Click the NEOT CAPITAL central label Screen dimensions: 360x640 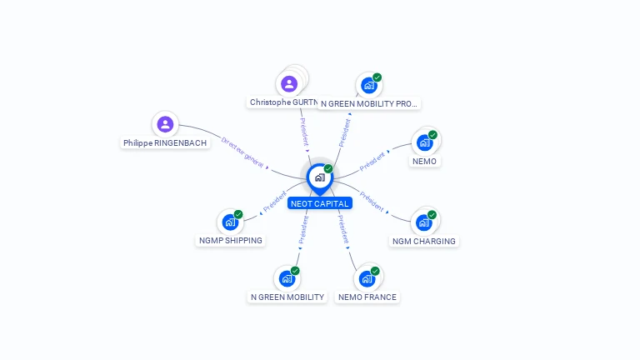coord(320,203)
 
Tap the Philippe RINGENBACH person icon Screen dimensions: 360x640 coord(165,124)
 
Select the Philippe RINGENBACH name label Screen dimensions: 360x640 coord(165,143)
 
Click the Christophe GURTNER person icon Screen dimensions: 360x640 coord(288,83)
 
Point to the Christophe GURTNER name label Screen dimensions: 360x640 coord(283,102)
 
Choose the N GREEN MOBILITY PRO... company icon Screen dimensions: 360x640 coord(368,86)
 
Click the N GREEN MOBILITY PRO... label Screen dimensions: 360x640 coord(369,104)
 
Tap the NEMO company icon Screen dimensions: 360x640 coord(425,142)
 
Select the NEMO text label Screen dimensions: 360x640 coord(424,162)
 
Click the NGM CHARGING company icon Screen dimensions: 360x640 coord(424,222)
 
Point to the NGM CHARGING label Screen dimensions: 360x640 coord(424,242)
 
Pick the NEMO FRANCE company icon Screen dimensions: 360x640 coord(367,278)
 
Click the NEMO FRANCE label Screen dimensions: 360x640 coord(367,297)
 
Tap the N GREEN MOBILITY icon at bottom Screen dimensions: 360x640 coord(287,278)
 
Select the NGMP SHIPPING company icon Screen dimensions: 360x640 coord(230,222)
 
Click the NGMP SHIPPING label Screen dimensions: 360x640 coord(230,241)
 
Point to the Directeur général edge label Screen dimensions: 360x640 coord(242,152)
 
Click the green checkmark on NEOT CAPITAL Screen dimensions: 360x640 coord(328,169)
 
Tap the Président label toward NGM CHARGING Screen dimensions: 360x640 coord(372,202)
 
